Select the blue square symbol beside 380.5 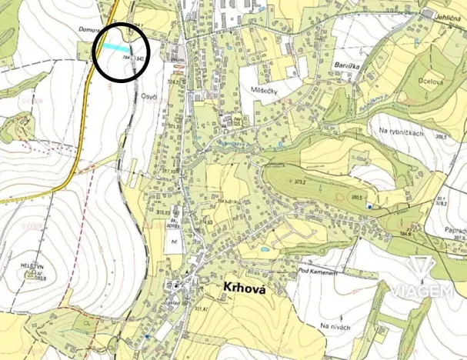(369, 205)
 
